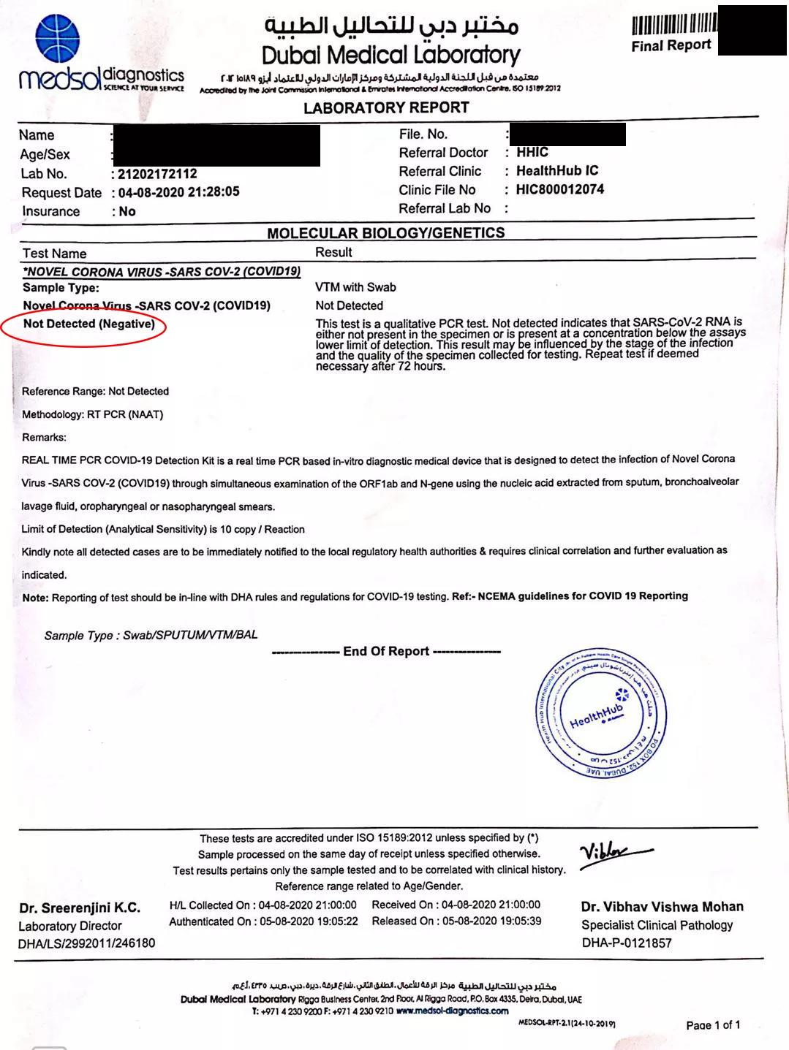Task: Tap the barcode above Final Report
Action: coord(673,25)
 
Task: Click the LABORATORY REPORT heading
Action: coord(386,108)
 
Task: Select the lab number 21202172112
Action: coord(157,174)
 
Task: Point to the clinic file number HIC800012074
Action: coord(560,190)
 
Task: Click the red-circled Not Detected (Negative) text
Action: coord(88,324)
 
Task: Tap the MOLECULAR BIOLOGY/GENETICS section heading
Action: coord(385,233)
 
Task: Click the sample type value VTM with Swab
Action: coord(355,287)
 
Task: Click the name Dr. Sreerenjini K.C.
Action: coord(80,908)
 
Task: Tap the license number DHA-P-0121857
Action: coord(627,943)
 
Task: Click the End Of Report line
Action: coord(386,651)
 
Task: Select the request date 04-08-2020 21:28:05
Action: coord(178,192)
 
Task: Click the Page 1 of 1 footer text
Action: coord(713,1025)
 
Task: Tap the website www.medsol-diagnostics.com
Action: coord(452,1011)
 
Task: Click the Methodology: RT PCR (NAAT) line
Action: coord(93,414)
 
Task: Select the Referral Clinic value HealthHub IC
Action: coord(557,171)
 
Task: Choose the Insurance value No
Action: coord(127,211)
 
